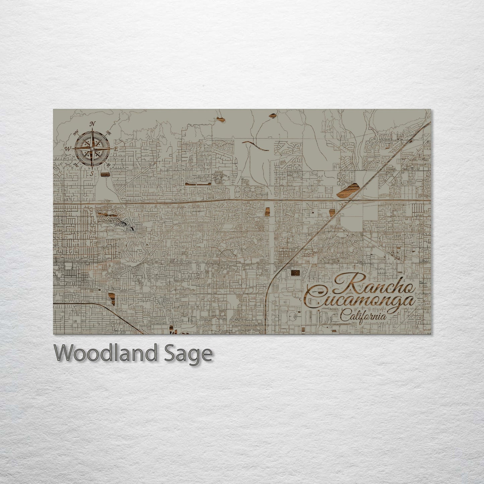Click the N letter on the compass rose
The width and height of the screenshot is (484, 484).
pos(92,124)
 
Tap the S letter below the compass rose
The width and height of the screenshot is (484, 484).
pos(92,173)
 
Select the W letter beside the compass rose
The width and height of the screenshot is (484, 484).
pos(68,148)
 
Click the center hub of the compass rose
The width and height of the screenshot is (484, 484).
pos(92,148)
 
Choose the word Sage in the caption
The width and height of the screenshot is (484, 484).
pos(191,353)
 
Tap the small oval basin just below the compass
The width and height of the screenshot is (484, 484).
pos(105,174)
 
